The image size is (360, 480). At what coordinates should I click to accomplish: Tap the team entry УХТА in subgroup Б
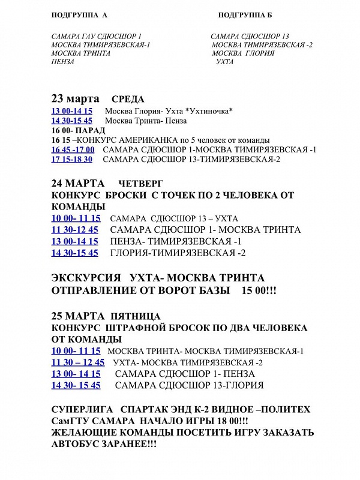[224, 62]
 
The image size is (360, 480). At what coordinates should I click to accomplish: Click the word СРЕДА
[128, 99]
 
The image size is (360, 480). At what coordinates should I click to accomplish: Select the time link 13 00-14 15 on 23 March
[72, 111]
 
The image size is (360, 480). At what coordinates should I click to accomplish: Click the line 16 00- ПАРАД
[79, 130]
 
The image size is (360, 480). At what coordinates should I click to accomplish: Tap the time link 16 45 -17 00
[73, 149]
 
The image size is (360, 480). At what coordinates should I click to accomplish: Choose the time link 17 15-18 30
[72, 159]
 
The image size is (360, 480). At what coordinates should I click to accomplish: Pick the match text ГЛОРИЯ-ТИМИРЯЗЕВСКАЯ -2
[178, 253]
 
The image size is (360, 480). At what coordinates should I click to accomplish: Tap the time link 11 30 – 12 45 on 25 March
[78, 362]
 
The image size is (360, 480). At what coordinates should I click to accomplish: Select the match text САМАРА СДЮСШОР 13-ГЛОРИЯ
[190, 385]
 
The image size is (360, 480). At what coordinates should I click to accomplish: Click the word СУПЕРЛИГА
[82, 409]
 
